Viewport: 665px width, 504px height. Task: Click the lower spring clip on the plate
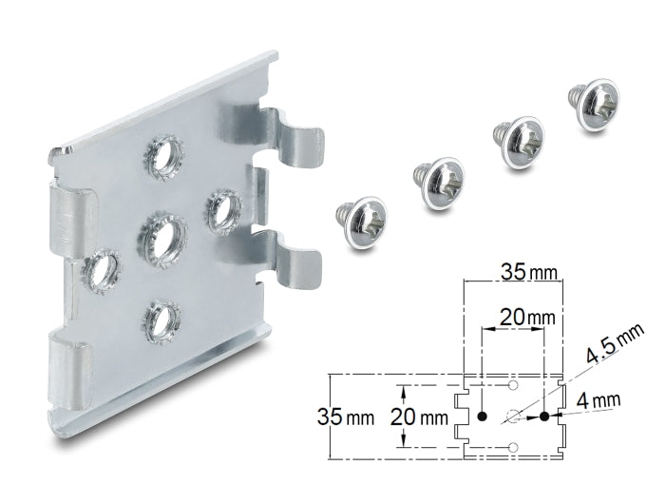pos(293,259)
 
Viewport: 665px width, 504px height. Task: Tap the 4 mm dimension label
pos(598,400)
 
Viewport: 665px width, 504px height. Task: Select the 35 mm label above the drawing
pos(528,272)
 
